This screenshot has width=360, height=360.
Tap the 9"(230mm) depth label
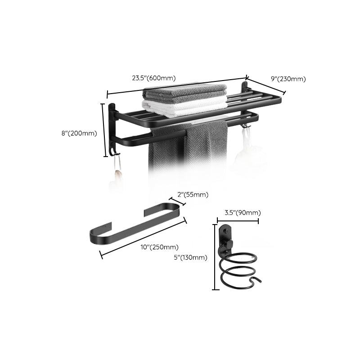(288, 79)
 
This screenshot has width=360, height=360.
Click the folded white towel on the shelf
(184, 107)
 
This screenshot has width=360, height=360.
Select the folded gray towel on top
(185, 93)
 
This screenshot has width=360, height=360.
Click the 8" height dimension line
(103, 130)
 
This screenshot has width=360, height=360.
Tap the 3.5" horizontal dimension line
(238, 220)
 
